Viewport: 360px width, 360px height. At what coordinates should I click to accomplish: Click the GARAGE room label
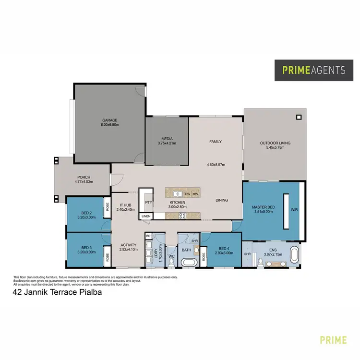coord(109,120)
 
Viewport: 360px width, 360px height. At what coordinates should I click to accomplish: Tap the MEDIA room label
coord(167,139)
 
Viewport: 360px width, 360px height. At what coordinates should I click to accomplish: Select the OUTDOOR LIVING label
coord(276,143)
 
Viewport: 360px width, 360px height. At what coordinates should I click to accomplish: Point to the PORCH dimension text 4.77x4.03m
coord(84,182)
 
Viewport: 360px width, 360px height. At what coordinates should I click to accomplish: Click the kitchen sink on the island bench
coord(178,194)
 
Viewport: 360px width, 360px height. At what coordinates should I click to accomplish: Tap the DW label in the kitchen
coord(187,194)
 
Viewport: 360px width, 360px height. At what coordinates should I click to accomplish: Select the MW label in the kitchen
coord(195,194)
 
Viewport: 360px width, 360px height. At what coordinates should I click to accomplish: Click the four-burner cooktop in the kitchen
coord(182,216)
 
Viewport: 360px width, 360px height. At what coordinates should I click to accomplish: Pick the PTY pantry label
coord(148,203)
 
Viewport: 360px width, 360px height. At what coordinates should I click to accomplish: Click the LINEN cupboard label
coord(146,216)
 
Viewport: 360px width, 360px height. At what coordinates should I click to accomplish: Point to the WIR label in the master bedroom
coord(294,210)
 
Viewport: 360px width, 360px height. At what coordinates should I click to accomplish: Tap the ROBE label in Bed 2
coord(106,209)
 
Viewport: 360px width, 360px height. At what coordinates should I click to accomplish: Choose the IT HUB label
coord(125,205)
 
